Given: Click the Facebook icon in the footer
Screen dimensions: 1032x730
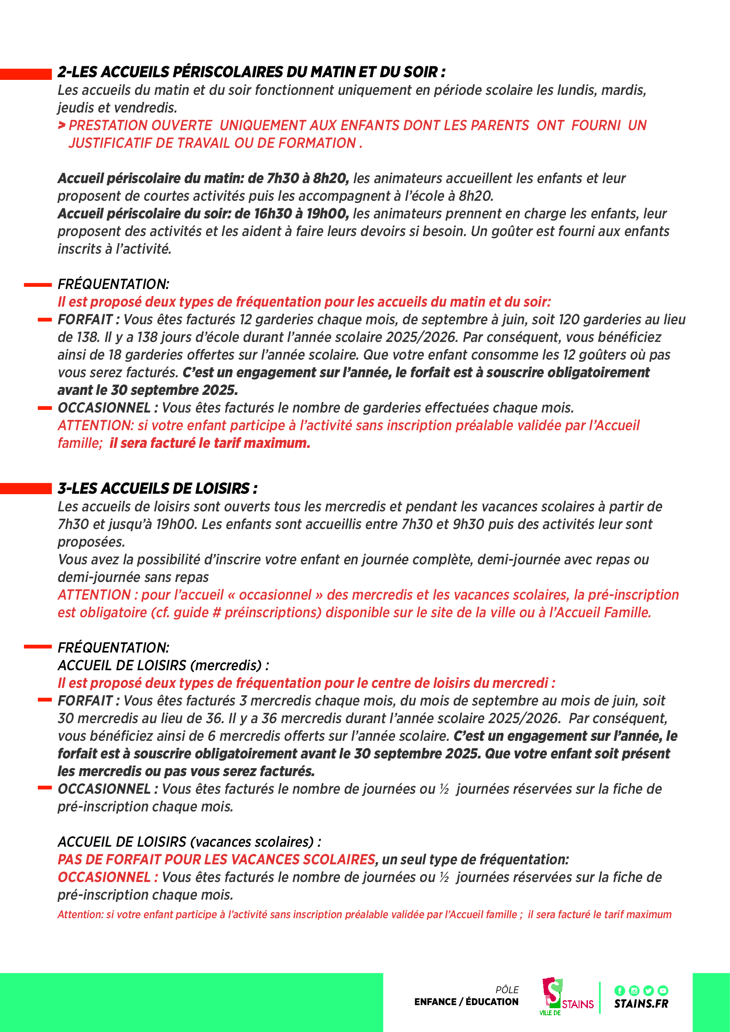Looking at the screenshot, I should [619, 990].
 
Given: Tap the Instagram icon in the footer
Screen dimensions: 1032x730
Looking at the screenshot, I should [634, 990].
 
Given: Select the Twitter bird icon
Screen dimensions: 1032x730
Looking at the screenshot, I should [648, 990].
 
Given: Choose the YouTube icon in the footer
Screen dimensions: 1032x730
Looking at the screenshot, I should [662, 990].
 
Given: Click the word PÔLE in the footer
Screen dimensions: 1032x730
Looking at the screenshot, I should [507, 990].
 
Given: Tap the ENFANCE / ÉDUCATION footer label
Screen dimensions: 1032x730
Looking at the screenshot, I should [466, 1002].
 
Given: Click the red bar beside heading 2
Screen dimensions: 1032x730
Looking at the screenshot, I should [26, 74].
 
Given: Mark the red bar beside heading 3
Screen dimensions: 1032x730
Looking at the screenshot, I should [26, 488].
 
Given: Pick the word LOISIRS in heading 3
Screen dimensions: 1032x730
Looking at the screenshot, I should [223, 488].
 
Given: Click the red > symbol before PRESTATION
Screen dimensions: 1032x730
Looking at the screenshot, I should [62, 125].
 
